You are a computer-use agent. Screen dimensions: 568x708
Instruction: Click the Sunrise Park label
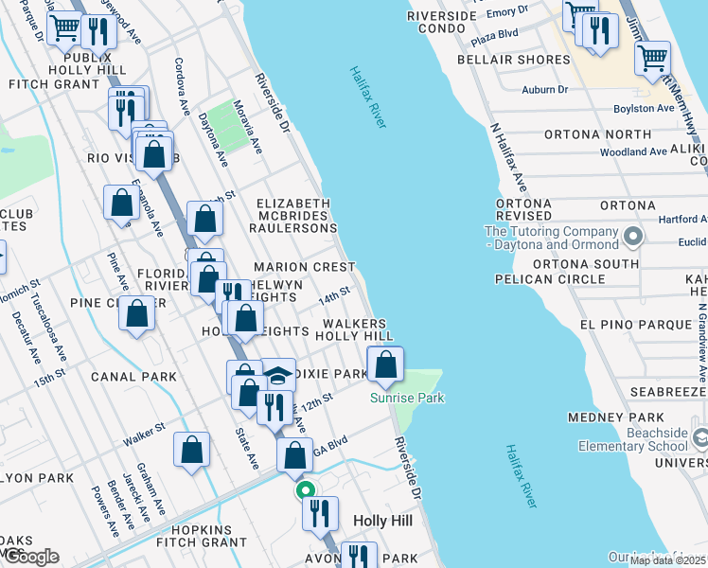[407, 398]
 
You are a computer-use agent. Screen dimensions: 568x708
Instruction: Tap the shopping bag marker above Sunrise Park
[385, 364]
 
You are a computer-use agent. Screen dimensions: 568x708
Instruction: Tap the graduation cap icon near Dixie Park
[277, 376]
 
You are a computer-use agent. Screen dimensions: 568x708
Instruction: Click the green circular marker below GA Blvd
[305, 490]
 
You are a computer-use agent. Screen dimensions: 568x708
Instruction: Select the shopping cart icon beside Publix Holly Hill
[64, 28]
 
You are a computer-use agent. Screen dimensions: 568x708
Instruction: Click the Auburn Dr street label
[544, 90]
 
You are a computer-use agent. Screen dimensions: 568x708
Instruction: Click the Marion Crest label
[304, 268]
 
